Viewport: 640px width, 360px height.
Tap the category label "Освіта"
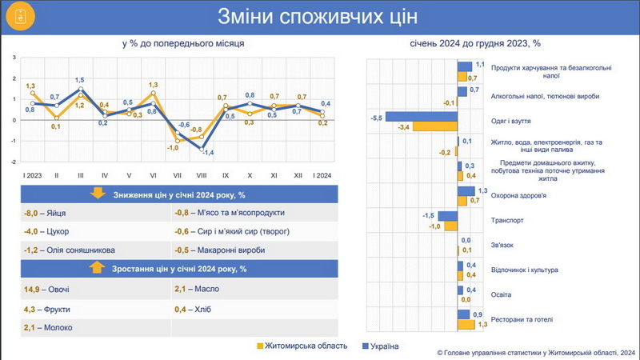tap(501, 294)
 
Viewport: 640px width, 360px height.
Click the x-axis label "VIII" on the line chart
tap(202, 174)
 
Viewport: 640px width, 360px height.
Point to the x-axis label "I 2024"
tap(323, 174)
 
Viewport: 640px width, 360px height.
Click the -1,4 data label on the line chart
tap(207, 152)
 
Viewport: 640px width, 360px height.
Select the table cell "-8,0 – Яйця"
tap(46, 213)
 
